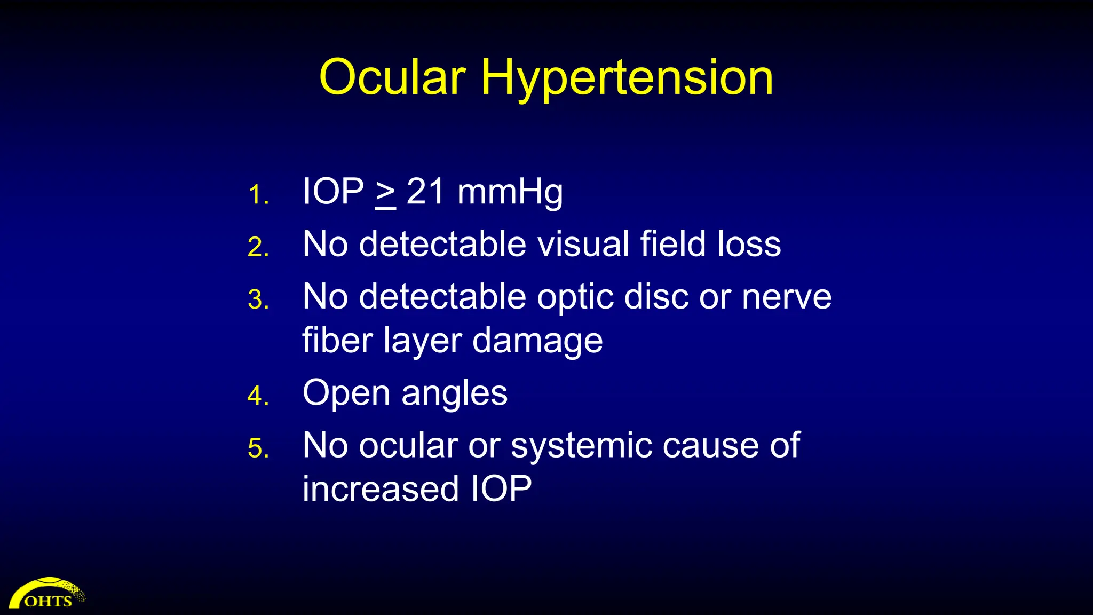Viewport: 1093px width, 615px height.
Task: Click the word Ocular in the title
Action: click(392, 77)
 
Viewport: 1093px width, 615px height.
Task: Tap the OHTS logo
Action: click(47, 594)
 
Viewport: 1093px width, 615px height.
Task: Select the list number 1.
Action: click(258, 194)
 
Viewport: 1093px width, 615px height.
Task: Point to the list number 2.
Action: click(258, 247)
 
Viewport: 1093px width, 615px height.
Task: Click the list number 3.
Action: click(258, 299)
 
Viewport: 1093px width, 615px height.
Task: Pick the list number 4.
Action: click(258, 396)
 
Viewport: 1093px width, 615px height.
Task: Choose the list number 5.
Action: click(258, 448)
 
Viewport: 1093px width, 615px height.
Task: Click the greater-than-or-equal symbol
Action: click(385, 193)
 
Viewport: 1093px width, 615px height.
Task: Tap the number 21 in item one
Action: click(425, 191)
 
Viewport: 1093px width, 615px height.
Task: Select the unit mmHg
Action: click(510, 192)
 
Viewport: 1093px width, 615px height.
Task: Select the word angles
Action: click(454, 394)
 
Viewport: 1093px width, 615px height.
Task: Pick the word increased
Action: click(381, 488)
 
